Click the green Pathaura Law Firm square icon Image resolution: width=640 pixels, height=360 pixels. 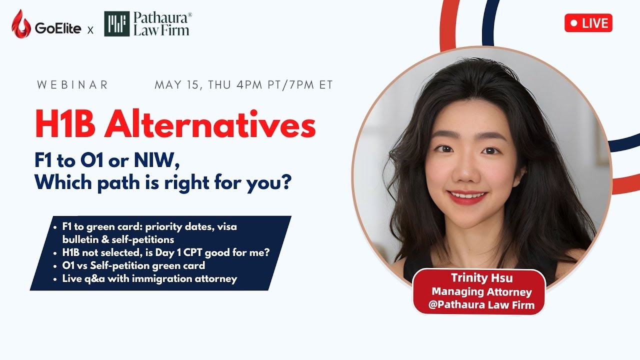point(116,24)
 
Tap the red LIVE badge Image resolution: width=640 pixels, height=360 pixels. point(588,23)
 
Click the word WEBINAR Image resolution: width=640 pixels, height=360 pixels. point(72,85)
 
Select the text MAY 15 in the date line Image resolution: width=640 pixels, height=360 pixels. point(177,85)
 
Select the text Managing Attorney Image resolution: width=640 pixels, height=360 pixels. point(481,291)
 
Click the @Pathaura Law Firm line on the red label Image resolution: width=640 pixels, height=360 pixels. point(481,304)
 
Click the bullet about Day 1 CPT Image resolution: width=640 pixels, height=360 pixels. point(165,253)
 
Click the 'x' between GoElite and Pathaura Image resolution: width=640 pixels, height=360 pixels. point(90,30)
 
